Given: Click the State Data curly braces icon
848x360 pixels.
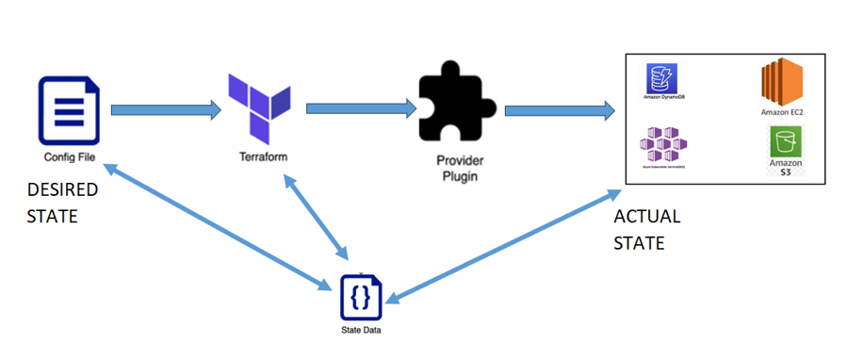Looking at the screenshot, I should point(362,297).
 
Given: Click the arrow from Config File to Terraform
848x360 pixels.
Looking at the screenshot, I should point(165,111).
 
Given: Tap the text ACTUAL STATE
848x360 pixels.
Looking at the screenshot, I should point(646,230).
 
